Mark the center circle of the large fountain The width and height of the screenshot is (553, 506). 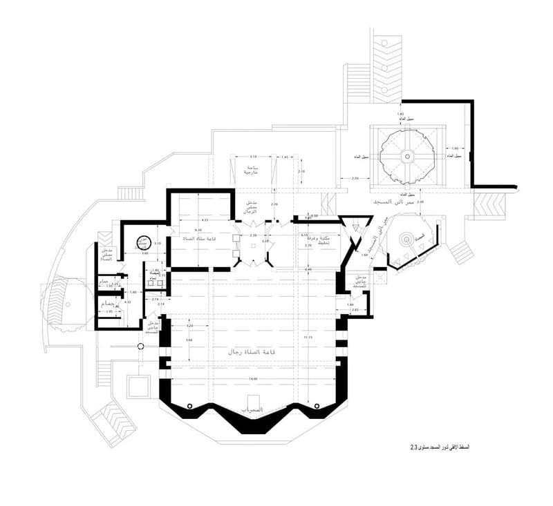click(407, 157)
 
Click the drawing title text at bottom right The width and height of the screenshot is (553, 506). click(439, 449)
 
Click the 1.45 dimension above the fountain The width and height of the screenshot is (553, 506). click(400, 114)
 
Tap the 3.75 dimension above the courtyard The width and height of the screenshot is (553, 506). click(253, 157)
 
